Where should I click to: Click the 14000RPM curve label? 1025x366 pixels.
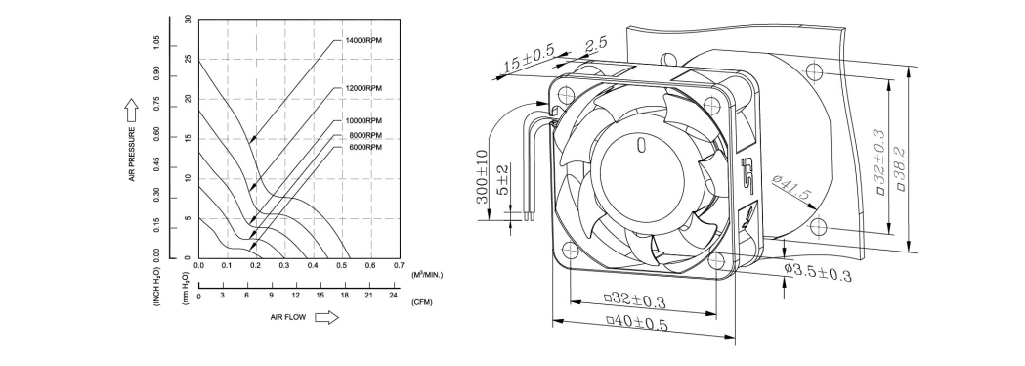click(363, 40)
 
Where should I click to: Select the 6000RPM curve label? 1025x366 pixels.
click(365, 148)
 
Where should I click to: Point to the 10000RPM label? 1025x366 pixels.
click(363, 121)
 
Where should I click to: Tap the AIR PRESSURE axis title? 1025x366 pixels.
click(132, 154)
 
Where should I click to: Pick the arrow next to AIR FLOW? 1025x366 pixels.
click(327, 317)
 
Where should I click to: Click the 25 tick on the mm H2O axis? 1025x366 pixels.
click(189, 60)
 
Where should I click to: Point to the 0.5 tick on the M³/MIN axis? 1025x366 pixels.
click(342, 265)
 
